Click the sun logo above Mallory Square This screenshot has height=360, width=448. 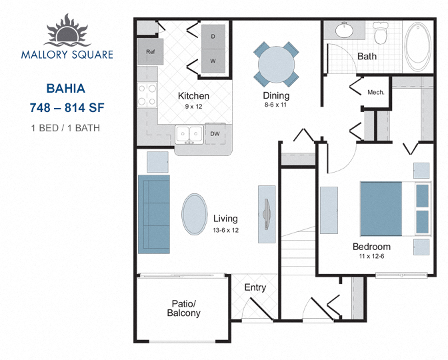click(67, 31)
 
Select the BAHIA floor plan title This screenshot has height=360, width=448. click(66, 89)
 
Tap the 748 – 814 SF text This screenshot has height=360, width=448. click(67, 108)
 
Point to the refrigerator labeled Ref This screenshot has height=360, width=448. click(150, 52)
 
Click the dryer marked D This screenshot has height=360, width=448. click(213, 37)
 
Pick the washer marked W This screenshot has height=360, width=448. click(213, 61)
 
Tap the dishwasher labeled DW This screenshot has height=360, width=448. click(215, 134)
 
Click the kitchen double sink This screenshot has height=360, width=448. click(189, 134)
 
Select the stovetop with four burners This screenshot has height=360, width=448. click(147, 95)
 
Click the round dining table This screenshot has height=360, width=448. click(276, 65)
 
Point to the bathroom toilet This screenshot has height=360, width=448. click(381, 33)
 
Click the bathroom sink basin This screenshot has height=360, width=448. click(344, 30)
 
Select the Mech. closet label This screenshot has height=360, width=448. click(376, 92)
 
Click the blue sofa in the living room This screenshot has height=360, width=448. click(154, 214)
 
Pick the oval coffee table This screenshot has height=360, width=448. click(195, 214)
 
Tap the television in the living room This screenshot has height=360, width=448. click(267, 214)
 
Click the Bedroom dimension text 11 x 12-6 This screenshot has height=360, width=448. click(371, 256)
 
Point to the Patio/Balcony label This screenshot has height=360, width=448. click(184, 308)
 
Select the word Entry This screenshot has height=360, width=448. click(255, 287)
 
